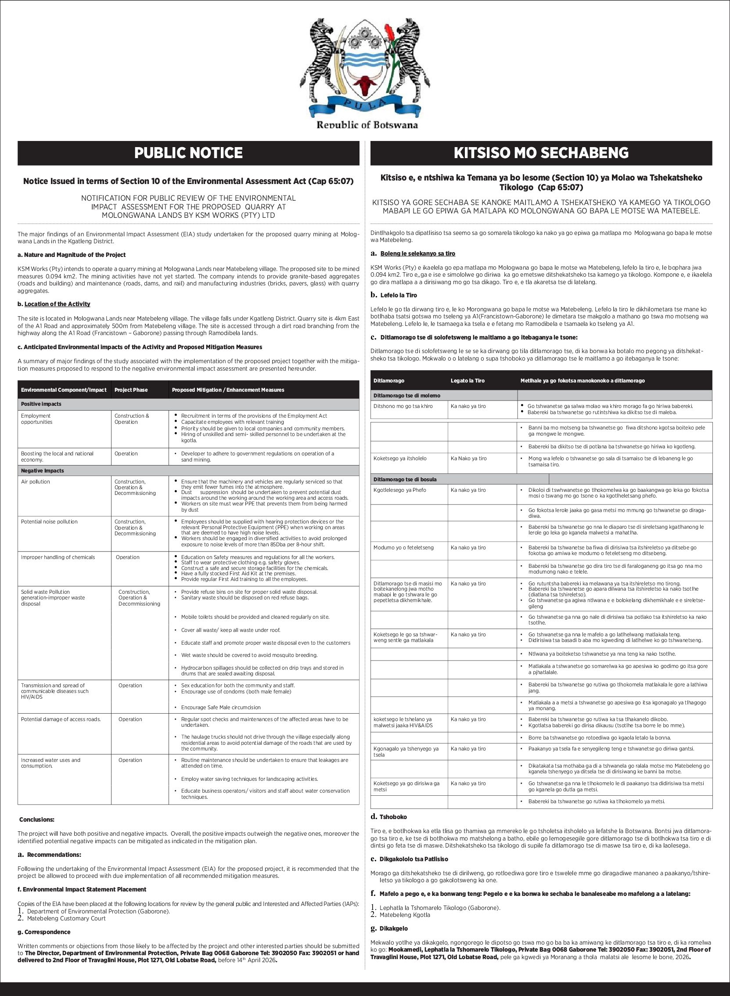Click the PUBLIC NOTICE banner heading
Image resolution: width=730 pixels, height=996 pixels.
point(188,153)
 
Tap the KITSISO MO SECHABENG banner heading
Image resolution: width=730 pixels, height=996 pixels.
point(541,153)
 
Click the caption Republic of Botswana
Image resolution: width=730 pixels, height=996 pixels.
point(367,125)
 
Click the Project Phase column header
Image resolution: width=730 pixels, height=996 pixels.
point(131,390)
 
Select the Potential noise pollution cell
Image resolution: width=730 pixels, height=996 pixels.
point(49,522)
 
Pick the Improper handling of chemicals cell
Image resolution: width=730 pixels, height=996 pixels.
point(58,557)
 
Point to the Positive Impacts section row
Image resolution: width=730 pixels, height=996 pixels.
point(41,404)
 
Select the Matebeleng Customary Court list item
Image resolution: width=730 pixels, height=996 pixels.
point(66,918)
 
